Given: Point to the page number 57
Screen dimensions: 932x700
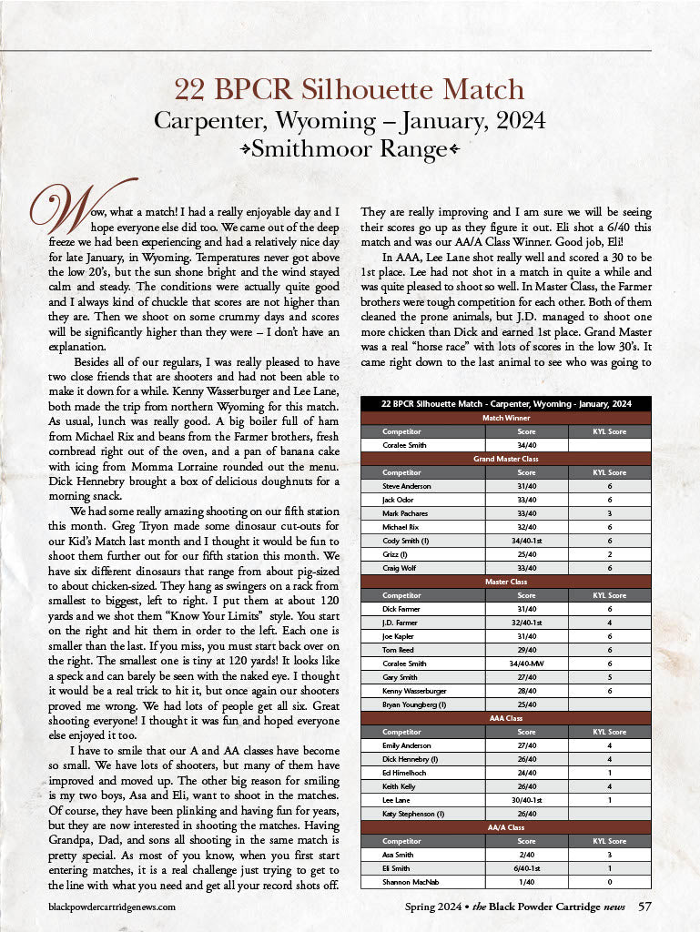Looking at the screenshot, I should [x=644, y=906].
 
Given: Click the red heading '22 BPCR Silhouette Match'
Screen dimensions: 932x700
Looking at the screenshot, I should [x=350, y=89].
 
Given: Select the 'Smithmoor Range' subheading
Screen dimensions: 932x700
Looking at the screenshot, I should [x=350, y=147].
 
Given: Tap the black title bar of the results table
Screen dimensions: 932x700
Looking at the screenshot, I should [x=506, y=403].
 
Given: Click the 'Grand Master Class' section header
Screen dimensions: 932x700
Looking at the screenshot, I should [x=506, y=459].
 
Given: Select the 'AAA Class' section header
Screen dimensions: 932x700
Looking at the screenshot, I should [x=506, y=718].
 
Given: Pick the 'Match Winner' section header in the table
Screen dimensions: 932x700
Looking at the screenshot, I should [x=506, y=417].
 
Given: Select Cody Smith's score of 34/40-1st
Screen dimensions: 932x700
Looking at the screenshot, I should [x=526, y=541].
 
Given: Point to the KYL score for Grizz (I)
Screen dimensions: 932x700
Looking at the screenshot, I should [x=609, y=554].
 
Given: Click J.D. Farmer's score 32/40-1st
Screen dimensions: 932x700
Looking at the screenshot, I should [x=526, y=623].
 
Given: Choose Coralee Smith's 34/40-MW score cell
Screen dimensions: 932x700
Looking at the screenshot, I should [x=526, y=664].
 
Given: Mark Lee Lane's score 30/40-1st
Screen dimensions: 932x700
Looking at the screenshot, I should [x=526, y=800].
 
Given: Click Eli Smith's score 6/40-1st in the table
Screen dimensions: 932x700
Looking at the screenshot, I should [x=526, y=868].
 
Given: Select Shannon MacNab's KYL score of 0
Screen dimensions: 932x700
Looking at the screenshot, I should [x=609, y=882].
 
